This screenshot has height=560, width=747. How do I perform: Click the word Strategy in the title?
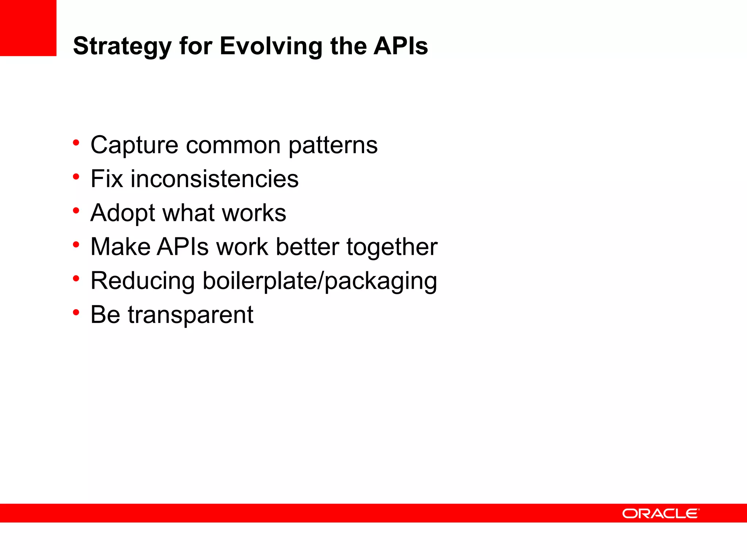click(x=122, y=47)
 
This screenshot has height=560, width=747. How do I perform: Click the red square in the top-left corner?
click(x=28, y=28)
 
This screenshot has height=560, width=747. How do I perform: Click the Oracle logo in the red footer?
click(x=661, y=513)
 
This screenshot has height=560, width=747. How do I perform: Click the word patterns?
click(x=333, y=145)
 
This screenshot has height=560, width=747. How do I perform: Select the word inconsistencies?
click(x=214, y=179)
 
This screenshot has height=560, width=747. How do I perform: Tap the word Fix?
click(x=107, y=179)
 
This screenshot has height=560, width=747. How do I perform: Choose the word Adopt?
click(x=123, y=213)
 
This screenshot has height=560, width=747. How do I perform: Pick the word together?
click(x=392, y=247)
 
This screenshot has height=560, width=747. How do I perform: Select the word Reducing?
click(x=143, y=281)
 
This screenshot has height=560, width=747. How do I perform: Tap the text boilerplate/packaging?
click(x=320, y=281)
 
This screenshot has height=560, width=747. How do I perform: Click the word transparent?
click(x=190, y=315)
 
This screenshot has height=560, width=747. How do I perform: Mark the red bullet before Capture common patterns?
click(x=76, y=143)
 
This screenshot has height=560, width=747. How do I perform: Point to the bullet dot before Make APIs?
click(x=76, y=245)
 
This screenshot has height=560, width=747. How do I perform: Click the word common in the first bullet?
click(x=233, y=145)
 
